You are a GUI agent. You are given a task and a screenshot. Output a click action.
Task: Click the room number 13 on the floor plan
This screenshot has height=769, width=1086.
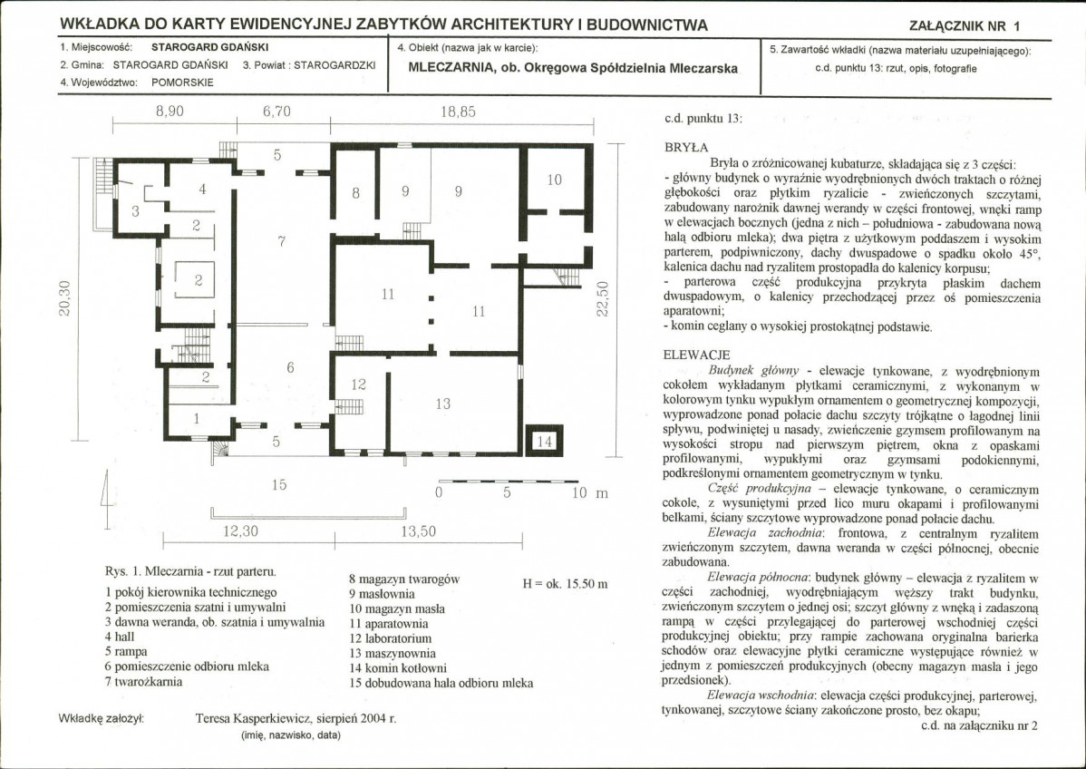(x=442, y=404)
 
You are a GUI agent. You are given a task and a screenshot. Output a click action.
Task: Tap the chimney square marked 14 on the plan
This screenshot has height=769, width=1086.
(x=542, y=441)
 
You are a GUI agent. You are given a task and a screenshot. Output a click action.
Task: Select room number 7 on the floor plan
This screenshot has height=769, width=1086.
(x=282, y=240)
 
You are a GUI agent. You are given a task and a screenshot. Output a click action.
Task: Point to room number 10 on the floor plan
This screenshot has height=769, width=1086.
(x=554, y=180)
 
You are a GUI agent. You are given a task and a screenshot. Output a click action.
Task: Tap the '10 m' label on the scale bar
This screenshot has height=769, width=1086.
(x=589, y=493)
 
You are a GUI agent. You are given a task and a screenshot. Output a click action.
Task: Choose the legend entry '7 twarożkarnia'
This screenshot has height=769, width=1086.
(x=144, y=681)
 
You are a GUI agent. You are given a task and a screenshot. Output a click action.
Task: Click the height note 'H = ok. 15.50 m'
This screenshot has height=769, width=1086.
(x=566, y=584)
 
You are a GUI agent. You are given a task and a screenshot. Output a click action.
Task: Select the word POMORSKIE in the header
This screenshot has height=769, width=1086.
(x=182, y=82)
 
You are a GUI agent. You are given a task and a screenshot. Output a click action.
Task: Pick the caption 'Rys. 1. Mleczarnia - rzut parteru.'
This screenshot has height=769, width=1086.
(x=190, y=572)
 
